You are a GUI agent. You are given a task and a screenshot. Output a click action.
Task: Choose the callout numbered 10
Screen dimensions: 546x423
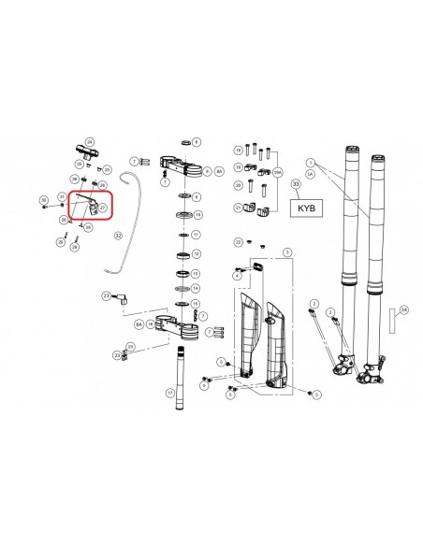coord(196,214)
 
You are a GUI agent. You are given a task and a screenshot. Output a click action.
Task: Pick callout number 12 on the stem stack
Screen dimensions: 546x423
coord(196,253)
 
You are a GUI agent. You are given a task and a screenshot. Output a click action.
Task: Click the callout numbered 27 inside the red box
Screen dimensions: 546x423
coord(103,208)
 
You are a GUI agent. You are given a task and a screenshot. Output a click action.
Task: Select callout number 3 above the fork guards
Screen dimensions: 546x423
coord(287,252)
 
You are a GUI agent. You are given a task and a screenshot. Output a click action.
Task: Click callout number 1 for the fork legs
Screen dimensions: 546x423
coord(310,162)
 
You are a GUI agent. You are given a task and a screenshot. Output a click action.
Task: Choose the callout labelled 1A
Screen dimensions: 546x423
coord(310,174)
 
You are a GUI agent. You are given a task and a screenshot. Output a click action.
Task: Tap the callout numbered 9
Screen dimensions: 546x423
coord(196,196)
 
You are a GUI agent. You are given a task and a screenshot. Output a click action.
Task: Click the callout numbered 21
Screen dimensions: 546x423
coord(238,207)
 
